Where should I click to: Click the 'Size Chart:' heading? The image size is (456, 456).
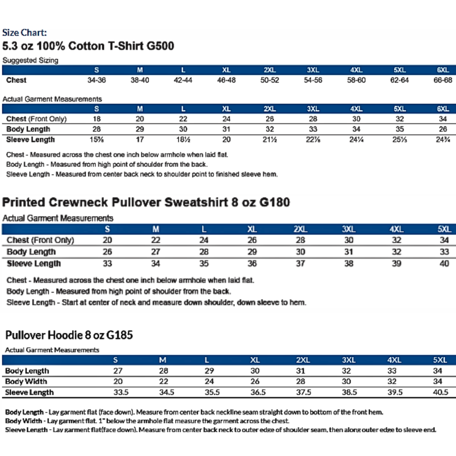click(24, 33)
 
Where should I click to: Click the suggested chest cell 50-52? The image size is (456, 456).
click(269, 80)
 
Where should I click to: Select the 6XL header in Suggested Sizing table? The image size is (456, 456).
click(443, 70)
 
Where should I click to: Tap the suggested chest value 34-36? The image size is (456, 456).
click(96, 80)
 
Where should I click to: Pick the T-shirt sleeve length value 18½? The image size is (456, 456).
click(183, 140)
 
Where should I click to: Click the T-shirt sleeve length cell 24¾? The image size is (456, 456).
click(443, 140)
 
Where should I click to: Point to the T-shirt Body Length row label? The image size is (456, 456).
click(28, 129)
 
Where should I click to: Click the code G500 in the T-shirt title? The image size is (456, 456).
click(157, 46)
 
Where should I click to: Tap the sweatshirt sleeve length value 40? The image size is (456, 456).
click(444, 264)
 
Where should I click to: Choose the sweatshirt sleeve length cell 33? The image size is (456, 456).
click(108, 264)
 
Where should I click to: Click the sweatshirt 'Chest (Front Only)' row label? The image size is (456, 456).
click(40, 240)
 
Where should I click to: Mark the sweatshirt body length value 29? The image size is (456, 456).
click(252, 252)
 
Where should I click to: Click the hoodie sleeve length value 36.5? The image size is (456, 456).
click(255, 392)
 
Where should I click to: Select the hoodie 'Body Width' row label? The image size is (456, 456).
click(26, 382)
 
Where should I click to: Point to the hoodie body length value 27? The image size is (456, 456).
click(118, 371)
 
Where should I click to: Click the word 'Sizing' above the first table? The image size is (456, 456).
click(47, 60)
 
